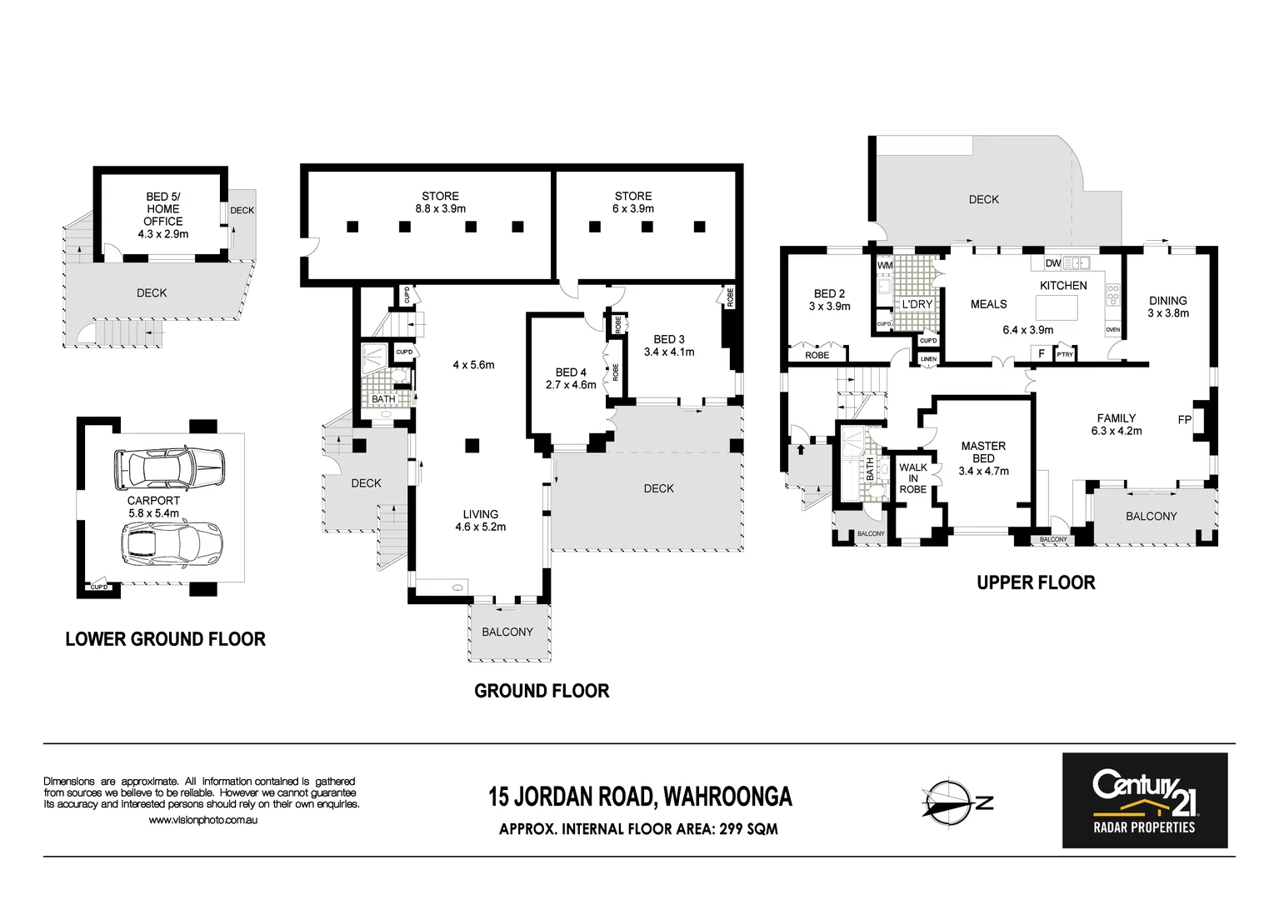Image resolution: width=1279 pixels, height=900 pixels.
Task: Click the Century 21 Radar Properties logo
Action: (x=1144, y=800)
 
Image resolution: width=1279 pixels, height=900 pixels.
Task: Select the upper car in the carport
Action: (x=168, y=469)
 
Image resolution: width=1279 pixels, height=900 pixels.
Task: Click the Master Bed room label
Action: (x=983, y=452)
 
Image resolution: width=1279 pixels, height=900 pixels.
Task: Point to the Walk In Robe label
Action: (x=912, y=478)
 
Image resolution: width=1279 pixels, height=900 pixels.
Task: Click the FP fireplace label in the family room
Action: (x=1184, y=420)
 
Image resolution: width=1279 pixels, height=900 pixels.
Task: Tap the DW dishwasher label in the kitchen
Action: (x=1052, y=263)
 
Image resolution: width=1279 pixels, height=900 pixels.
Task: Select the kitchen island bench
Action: (x=1056, y=307)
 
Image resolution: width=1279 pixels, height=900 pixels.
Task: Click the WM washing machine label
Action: (x=884, y=266)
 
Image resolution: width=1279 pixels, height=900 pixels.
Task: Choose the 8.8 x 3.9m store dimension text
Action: (x=440, y=209)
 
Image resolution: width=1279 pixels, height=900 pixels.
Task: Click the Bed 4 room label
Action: (x=571, y=372)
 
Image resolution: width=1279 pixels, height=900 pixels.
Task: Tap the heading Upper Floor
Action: (x=1035, y=582)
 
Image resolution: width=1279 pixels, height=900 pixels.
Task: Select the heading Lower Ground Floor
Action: (x=165, y=639)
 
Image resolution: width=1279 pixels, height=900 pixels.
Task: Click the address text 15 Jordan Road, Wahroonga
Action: (x=639, y=797)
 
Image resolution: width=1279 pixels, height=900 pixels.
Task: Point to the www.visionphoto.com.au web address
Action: (x=202, y=821)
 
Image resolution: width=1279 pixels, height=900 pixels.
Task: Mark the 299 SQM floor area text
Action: (x=742, y=829)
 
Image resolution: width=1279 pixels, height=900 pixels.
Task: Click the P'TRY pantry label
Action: (x=1064, y=355)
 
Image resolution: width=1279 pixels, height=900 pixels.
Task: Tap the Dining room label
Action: (x=1167, y=301)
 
